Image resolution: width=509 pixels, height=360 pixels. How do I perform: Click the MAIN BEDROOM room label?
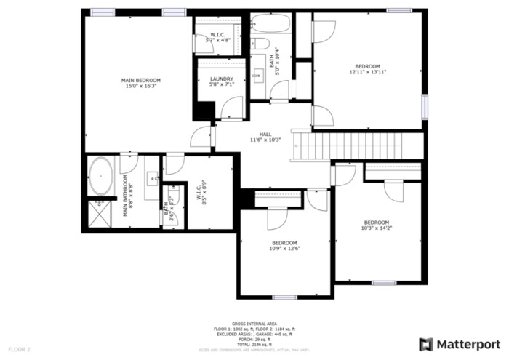pos(140,80)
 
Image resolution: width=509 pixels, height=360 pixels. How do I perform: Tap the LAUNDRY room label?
pos(221,79)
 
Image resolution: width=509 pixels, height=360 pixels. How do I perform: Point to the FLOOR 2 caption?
pos(20,349)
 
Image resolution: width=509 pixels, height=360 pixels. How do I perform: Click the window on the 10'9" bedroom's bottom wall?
pos(284,297)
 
